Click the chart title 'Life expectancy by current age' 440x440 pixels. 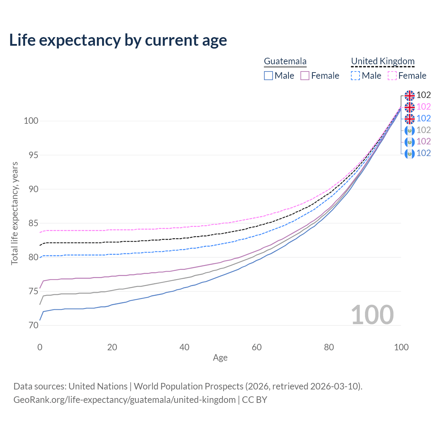point(118,40)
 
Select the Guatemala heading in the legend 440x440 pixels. point(285,61)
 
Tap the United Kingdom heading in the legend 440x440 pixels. point(383,61)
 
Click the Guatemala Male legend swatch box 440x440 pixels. point(268,76)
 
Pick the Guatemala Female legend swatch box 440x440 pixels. point(305,76)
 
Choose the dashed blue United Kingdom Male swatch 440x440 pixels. point(355,76)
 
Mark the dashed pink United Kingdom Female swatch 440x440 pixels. point(392,76)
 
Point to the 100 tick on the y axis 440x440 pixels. point(31,121)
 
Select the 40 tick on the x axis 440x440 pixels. point(185,347)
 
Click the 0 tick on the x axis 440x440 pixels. point(40,347)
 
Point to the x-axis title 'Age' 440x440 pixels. point(220,358)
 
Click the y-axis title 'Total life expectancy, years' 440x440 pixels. point(14,213)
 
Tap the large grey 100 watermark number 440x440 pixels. point(372,315)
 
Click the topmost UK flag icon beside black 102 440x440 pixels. point(409,96)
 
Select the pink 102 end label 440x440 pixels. point(423,107)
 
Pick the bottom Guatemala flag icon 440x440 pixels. point(409,154)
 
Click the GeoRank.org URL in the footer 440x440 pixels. point(124,400)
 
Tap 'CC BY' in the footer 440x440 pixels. point(254,400)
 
